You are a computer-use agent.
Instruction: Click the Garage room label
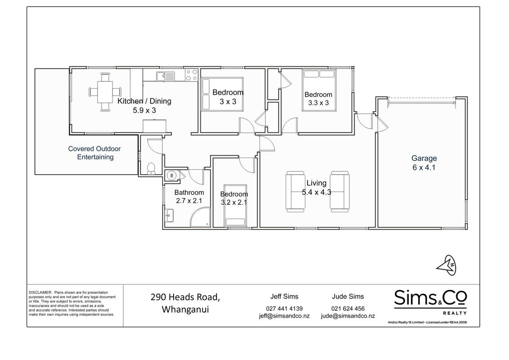(424, 158)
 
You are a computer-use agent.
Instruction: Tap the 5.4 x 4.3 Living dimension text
(317, 192)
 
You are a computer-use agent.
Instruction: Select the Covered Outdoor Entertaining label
(94, 153)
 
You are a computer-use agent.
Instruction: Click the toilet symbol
(151, 168)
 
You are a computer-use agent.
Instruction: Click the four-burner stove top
(192, 75)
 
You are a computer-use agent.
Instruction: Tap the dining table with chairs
(105, 92)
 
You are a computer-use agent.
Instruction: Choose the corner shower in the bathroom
(200, 217)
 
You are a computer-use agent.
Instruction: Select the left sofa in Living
(295, 192)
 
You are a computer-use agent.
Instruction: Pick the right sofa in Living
(340, 192)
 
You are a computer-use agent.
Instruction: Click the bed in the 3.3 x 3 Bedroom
(319, 90)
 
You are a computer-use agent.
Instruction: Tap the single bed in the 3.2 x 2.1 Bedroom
(235, 205)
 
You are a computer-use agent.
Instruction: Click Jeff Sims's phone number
(284, 309)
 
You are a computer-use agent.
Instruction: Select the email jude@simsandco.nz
(348, 316)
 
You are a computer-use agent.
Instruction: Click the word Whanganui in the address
(185, 309)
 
